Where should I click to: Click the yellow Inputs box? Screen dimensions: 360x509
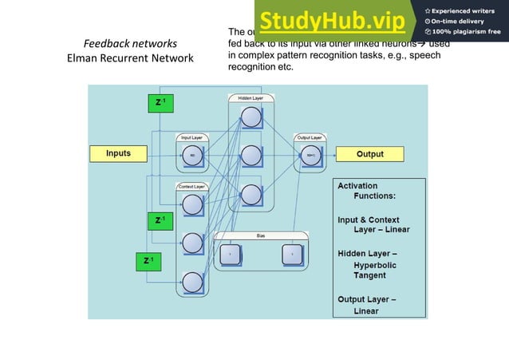pos(119,152)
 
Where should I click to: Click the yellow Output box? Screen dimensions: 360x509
pos(369,153)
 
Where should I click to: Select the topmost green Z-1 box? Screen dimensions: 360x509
pos(160,102)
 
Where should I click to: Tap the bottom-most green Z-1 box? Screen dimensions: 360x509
pos(148,260)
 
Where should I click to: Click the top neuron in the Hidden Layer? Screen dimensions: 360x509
pos(251,117)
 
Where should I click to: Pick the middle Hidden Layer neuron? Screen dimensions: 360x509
pos(251,155)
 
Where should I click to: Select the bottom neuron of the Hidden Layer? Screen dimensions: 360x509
pos(251,194)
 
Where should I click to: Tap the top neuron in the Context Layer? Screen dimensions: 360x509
pos(192,205)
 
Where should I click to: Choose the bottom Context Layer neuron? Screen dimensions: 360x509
pos(192,281)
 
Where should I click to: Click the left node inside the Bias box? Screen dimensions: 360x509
pos(230,254)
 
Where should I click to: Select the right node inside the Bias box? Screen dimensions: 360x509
pos(292,254)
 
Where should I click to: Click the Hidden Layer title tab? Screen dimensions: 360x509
pos(251,97)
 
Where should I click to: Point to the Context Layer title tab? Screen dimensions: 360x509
pos(192,186)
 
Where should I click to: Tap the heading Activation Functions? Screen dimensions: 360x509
pos(368,191)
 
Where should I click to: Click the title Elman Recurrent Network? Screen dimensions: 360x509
pos(131,58)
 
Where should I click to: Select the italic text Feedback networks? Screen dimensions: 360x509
pos(131,43)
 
